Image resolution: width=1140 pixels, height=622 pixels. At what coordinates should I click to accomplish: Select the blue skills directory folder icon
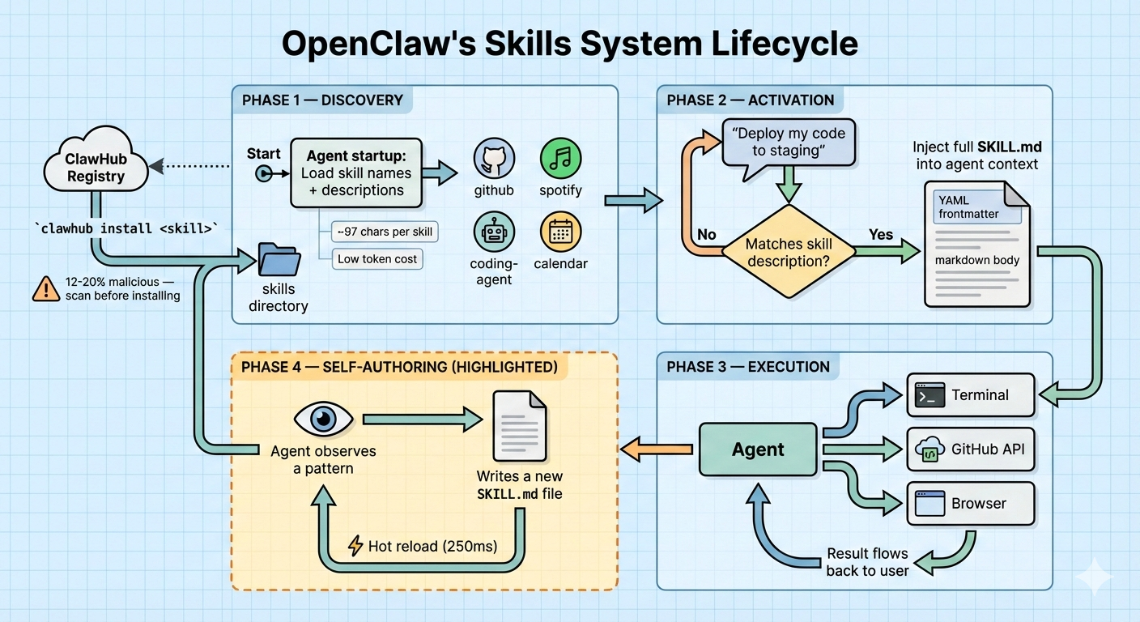pos(279,261)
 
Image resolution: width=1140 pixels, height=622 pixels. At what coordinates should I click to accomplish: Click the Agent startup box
pos(355,173)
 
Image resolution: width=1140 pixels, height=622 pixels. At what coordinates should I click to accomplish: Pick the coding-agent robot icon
pos(494,233)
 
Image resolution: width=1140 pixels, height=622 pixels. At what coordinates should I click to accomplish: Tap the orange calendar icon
pos(560,233)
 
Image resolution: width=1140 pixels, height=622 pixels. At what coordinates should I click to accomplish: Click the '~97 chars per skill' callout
pos(385,232)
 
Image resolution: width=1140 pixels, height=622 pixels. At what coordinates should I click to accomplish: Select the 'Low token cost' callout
pos(377,258)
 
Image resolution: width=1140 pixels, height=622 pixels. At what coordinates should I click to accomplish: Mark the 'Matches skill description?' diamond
pos(789,252)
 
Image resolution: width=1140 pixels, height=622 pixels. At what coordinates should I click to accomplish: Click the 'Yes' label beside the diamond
pos(881,235)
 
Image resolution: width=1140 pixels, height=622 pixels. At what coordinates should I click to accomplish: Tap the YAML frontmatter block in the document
pos(976,207)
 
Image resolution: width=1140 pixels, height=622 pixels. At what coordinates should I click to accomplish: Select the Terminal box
pos(971,395)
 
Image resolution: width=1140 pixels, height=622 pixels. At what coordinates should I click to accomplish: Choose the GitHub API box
pos(971,448)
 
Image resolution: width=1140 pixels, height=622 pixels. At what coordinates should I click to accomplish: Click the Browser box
pos(971,503)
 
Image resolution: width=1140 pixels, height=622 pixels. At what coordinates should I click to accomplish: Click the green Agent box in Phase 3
pos(758,449)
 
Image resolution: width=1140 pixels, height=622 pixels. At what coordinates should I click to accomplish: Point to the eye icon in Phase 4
pos(323,419)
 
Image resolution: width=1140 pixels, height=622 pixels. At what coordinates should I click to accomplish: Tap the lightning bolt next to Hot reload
pos(355,546)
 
